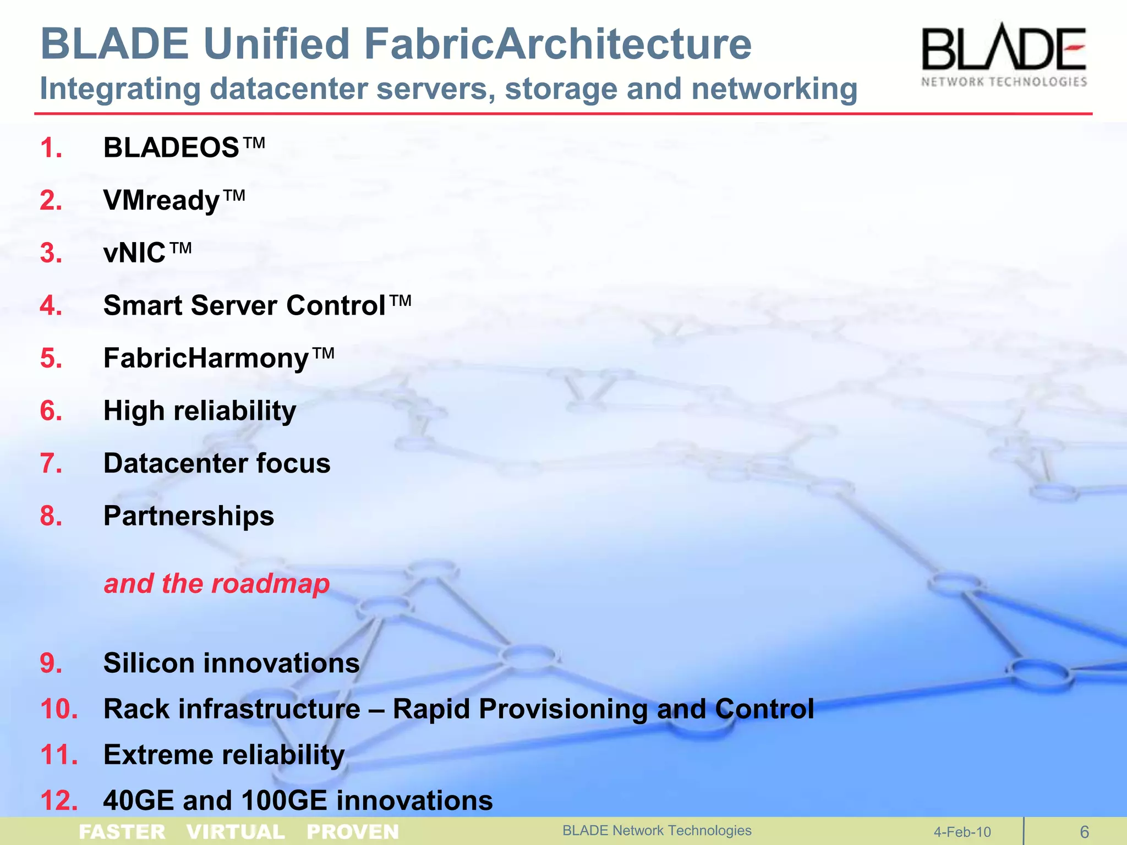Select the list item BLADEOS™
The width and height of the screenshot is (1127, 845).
point(184,148)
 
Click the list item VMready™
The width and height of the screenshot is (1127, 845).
point(174,200)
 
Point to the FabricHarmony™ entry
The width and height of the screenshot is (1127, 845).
point(218,358)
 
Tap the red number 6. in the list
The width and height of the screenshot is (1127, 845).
point(51,411)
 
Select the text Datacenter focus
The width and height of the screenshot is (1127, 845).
point(217,463)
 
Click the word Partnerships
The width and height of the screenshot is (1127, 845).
point(189,516)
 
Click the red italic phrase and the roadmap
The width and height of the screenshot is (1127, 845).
point(217,583)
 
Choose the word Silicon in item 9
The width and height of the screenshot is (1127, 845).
point(149,663)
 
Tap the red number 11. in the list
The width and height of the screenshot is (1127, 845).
point(58,755)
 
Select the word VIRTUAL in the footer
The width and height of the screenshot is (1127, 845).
point(236,832)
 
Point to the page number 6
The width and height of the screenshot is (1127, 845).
point(1084,832)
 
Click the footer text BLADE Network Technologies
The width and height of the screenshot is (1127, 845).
point(656,831)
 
